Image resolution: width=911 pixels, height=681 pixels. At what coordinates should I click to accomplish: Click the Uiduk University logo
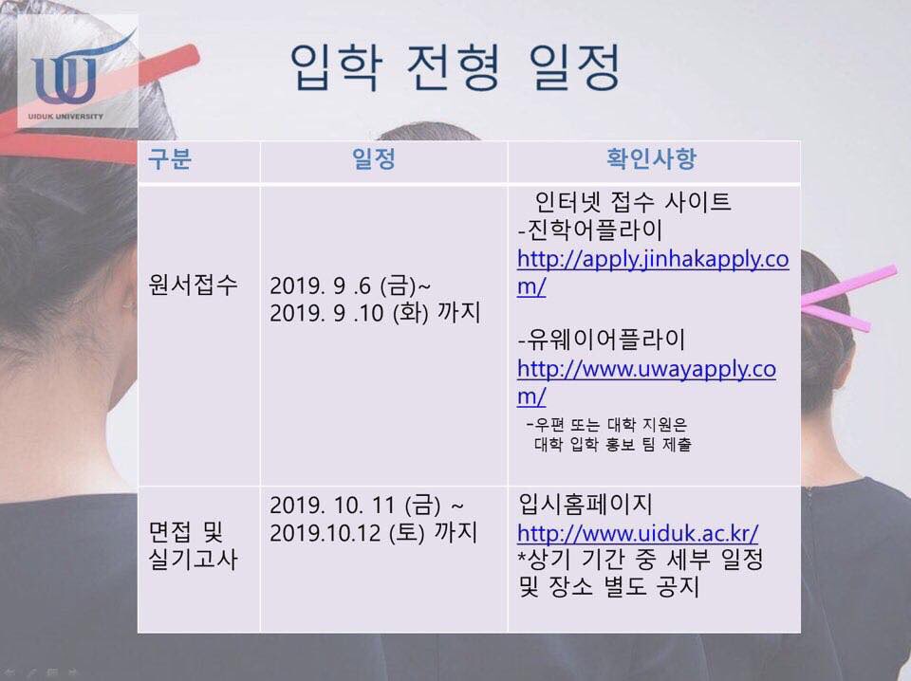[78, 71]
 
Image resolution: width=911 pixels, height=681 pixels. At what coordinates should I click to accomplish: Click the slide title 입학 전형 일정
[455, 67]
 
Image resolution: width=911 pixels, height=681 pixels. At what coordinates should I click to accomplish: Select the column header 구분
[170, 158]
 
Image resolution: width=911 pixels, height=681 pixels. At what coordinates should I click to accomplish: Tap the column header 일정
[374, 158]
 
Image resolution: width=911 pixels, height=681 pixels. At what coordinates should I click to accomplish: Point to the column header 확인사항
[651, 158]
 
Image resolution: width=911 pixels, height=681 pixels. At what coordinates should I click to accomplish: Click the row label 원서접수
[193, 285]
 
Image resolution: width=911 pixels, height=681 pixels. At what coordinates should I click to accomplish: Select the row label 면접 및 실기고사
[193, 545]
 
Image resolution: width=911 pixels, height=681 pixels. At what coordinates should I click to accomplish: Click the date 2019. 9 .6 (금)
[343, 285]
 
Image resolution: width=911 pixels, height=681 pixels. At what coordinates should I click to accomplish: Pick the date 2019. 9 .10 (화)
[348, 314]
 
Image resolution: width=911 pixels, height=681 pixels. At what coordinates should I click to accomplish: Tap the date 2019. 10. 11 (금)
[355, 506]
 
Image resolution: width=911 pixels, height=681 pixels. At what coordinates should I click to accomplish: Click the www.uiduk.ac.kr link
[638, 533]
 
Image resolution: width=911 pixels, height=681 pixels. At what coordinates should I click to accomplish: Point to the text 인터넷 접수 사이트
[633, 201]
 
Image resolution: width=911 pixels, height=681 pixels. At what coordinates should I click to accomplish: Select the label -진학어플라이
[589, 230]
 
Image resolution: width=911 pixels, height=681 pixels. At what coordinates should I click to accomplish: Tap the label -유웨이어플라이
[602, 340]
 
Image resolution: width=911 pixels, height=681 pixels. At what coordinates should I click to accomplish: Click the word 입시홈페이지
[586, 504]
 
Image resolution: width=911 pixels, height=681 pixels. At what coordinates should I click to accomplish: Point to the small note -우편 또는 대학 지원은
[606, 424]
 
